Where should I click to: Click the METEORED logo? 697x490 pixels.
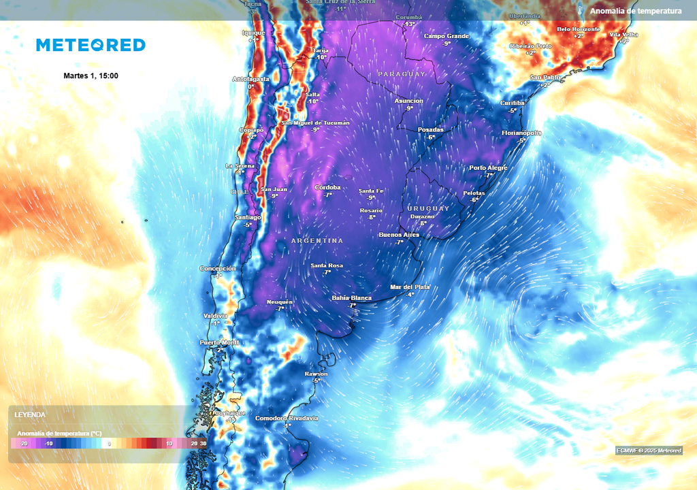91,45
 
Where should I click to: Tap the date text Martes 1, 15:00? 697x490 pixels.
91,76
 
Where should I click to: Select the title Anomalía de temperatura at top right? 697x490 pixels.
636,11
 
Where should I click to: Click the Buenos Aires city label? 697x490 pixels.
399,235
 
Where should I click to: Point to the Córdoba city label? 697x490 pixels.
327,187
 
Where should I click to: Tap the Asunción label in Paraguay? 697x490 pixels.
408,101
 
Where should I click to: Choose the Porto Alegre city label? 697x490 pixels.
488,167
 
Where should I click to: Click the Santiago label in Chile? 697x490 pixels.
248,217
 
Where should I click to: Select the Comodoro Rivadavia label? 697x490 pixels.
287,418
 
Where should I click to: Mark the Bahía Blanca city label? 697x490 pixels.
352,298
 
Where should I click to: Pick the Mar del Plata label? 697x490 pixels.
410,287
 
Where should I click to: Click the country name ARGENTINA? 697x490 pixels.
317,241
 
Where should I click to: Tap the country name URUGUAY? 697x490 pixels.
428,208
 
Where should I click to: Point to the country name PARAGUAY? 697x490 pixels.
402,73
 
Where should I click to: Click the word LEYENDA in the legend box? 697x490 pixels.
30,414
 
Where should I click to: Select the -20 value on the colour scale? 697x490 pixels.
23,443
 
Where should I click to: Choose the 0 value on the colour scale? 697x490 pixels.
109,443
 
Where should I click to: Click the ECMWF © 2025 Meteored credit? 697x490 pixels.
649,450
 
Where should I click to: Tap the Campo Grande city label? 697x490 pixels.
447,35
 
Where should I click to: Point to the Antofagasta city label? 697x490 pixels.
251,79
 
